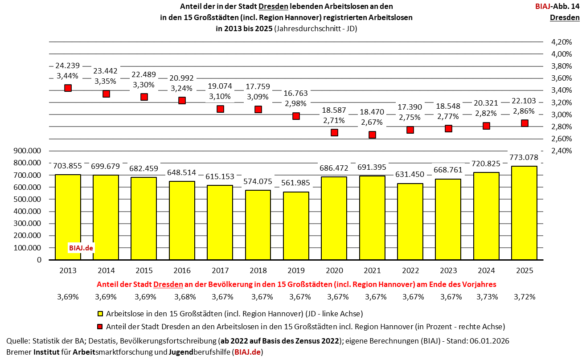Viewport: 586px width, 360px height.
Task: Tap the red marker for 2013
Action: pyautogui.click(x=68, y=88)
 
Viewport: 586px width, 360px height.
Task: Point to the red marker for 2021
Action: pyautogui.click(x=373, y=135)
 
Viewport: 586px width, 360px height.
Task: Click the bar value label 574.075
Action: pyautogui.click(x=258, y=182)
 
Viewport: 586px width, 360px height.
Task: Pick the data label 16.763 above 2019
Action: pyautogui.click(x=296, y=93)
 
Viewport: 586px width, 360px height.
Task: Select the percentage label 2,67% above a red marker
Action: pyautogui.click(x=373, y=122)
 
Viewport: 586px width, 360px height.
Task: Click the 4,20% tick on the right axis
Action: pyautogui.click(x=561, y=42)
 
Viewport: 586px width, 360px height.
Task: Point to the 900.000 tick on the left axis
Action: pyautogui.click(x=27, y=151)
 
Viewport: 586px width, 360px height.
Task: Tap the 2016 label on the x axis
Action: pyautogui.click(x=182, y=270)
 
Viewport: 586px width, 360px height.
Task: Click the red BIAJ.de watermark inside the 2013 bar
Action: pyautogui.click(x=81, y=248)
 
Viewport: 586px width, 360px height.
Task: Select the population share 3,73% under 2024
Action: pyautogui.click(x=486, y=297)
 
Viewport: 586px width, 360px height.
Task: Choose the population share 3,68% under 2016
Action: pyautogui.click(x=182, y=297)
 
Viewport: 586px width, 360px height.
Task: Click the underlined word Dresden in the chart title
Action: pyautogui.click(x=274, y=7)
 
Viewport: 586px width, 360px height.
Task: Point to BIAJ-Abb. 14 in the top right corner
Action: pyautogui.click(x=557, y=7)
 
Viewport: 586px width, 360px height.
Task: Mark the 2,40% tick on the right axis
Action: pyautogui.click(x=561, y=151)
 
